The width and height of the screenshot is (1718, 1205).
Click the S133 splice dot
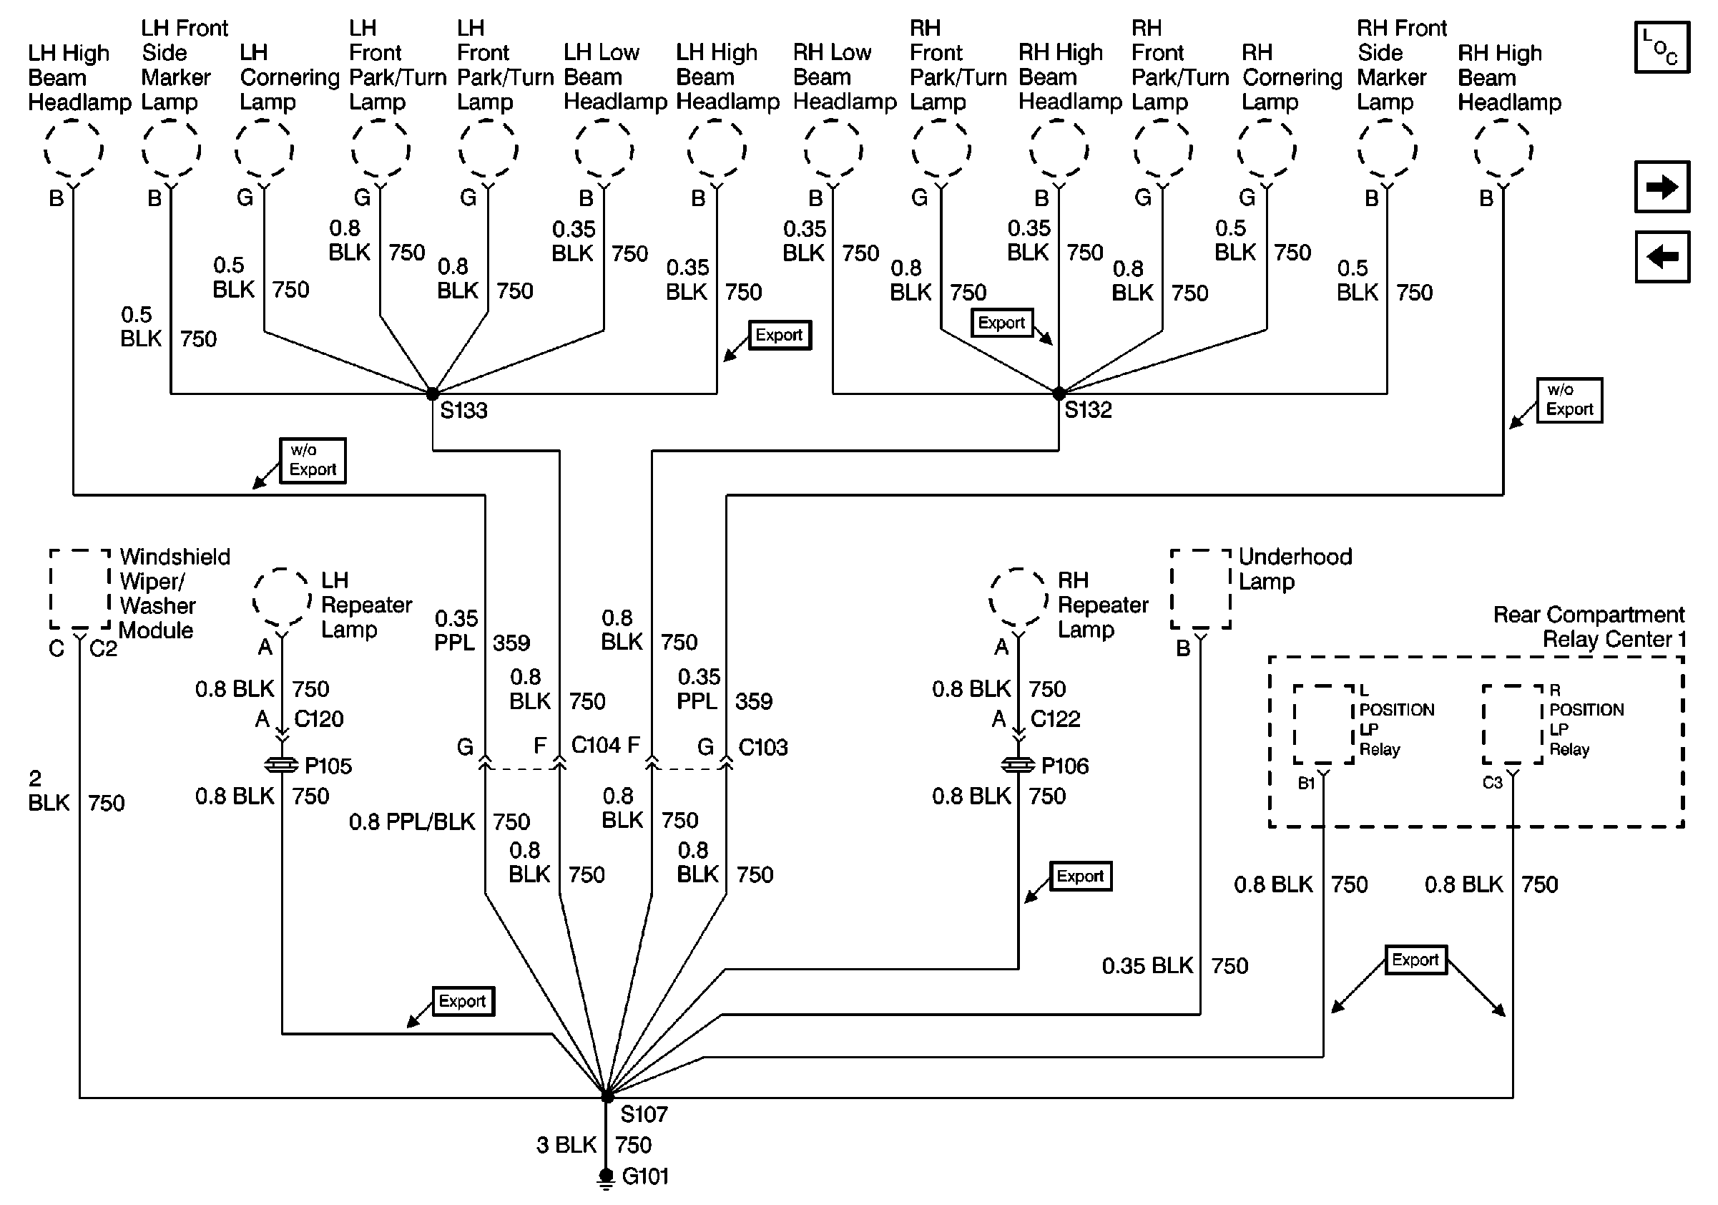pos(433,393)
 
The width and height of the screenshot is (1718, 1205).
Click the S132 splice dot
pos(1059,393)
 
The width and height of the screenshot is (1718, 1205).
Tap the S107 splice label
pos(644,1114)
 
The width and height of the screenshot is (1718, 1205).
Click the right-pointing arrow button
pos(1662,187)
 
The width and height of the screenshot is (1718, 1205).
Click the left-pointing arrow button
pos(1662,258)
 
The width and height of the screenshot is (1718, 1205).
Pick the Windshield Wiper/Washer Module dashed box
pos(80,590)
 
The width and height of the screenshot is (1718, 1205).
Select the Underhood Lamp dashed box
pos(1200,590)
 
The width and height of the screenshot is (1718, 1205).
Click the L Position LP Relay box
pos(1324,724)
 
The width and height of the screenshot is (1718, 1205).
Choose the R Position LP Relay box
pos(1513,724)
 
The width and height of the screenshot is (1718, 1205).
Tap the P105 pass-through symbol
pos(282,765)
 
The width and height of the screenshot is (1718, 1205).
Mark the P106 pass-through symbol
pos(1018,765)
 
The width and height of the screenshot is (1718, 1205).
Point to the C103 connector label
pos(762,747)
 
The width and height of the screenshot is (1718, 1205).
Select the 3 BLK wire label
pos(566,1145)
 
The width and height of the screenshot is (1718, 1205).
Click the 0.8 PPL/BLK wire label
pos(411,821)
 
